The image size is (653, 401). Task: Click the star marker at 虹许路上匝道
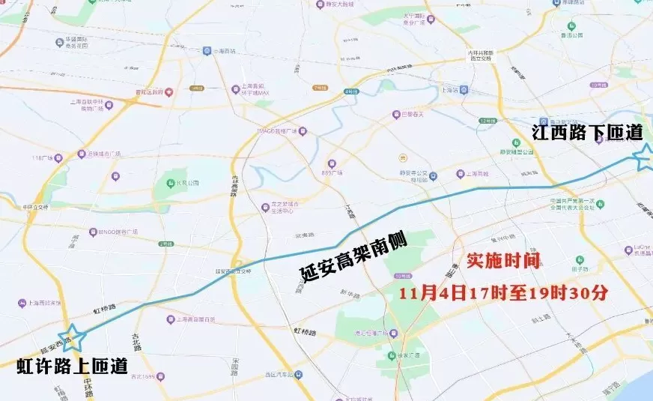click(73, 338)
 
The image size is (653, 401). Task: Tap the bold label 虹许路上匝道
click(73, 367)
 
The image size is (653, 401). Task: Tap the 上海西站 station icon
click(207, 51)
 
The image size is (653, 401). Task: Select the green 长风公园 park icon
click(171, 182)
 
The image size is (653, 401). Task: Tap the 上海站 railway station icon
click(464, 89)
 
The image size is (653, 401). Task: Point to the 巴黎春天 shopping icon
click(396, 115)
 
